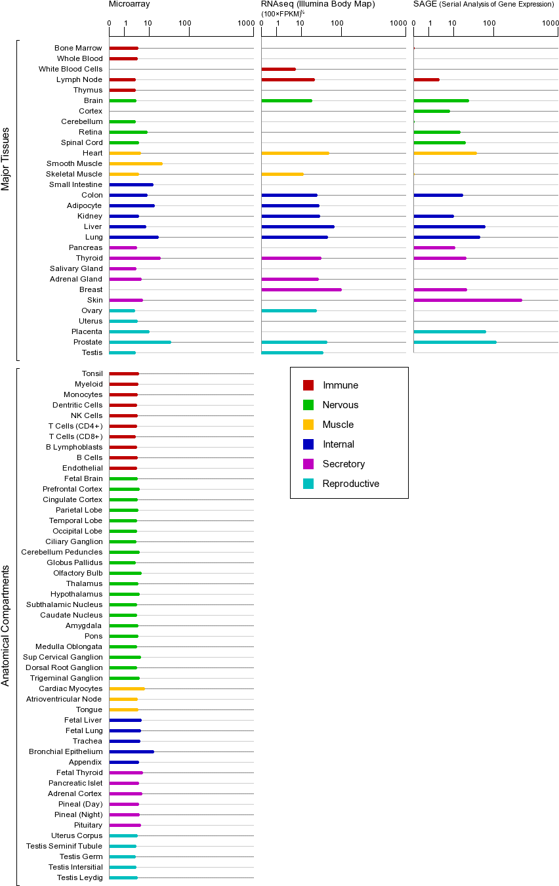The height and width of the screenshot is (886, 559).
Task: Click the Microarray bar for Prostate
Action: [x=140, y=342]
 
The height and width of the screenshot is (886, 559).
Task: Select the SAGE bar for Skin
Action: [x=467, y=300]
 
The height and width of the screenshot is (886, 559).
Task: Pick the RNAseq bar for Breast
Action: [x=301, y=289]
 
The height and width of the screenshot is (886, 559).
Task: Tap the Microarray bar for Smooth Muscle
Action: [x=135, y=163]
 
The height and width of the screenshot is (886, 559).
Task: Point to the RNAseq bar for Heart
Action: [x=295, y=153]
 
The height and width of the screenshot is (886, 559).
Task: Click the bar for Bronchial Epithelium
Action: [x=131, y=751]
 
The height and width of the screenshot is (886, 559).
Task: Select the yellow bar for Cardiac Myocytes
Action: [x=127, y=688]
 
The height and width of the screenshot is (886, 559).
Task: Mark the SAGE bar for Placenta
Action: [x=449, y=331]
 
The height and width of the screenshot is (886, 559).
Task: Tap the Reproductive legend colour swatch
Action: [x=308, y=484]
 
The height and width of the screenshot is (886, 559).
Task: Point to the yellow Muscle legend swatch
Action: [x=308, y=425]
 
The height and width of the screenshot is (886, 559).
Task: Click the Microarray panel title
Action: [x=129, y=4]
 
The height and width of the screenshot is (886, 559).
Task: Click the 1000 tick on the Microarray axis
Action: [x=246, y=24]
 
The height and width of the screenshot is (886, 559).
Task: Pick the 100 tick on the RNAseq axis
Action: [x=337, y=24]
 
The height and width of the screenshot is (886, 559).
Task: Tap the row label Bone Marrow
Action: [x=78, y=48]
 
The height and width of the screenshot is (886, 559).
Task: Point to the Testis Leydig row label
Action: [x=79, y=877]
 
